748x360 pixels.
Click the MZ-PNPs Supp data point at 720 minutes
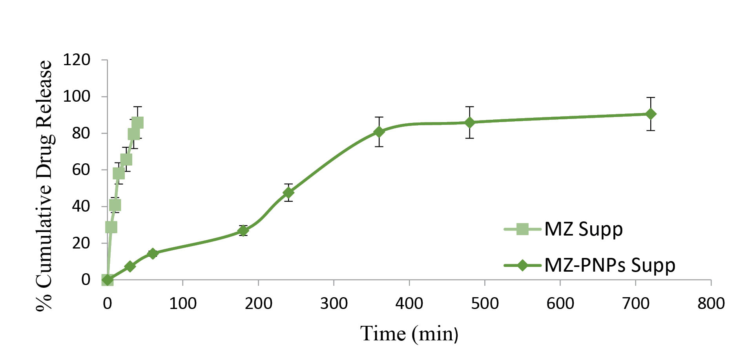coord(651,114)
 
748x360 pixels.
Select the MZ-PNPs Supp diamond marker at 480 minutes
coord(469,122)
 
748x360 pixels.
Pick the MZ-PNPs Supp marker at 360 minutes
coord(379,132)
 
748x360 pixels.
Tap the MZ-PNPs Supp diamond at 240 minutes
coord(288,192)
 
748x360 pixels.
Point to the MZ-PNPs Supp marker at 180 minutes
coord(243,230)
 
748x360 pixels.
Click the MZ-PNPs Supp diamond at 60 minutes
coord(153,253)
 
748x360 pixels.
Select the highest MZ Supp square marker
coord(137,123)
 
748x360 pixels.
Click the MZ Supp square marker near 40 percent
coord(115,205)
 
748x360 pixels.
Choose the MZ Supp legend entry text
coord(584,229)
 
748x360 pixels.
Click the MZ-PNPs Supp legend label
coord(610,265)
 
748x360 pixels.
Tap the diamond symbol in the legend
coord(522,265)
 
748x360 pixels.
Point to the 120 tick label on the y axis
coord(77,60)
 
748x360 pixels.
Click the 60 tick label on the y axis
coord(81,170)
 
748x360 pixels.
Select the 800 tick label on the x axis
coord(711,303)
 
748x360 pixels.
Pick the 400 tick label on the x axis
coord(409,303)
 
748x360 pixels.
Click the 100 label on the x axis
coord(182,303)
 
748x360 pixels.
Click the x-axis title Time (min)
coord(409,334)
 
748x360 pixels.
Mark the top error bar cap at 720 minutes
coord(651,97)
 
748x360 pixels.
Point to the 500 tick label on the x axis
coord(485,303)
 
